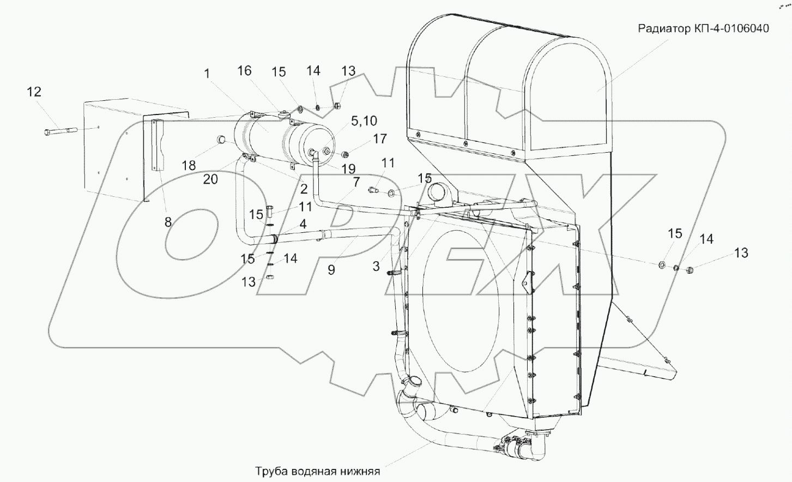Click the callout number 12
click(x=34, y=92)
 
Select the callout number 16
click(x=245, y=71)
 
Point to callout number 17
click(x=379, y=139)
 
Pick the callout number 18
click(x=189, y=165)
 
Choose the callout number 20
click(x=210, y=178)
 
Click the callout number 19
click(x=348, y=169)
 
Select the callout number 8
click(x=168, y=221)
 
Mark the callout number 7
click(x=356, y=182)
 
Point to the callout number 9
click(x=331, y=269)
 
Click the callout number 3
click(x=376, y=266)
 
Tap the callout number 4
click(x=301, y=224)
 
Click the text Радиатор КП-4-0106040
click(x=703, y=28)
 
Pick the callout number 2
click(x=304, y=189)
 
